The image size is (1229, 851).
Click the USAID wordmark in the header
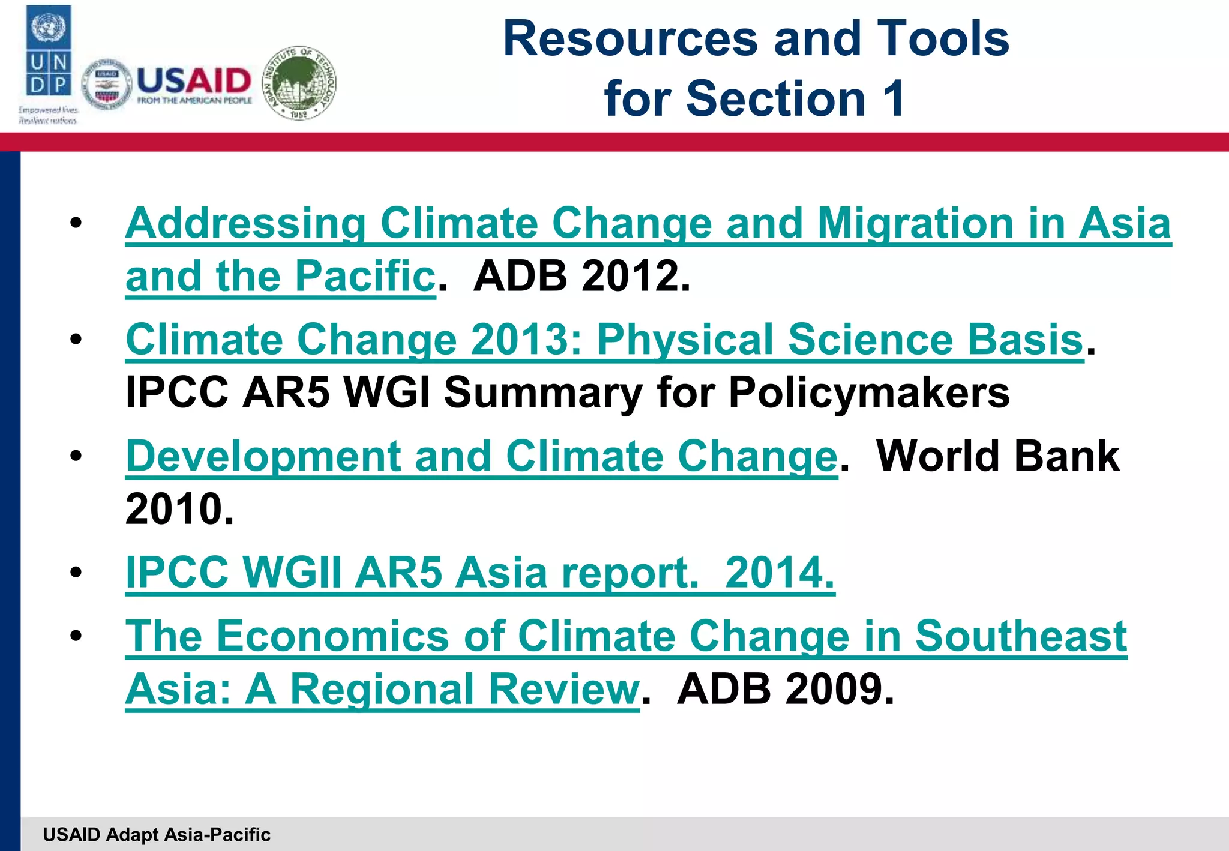coord(194,80)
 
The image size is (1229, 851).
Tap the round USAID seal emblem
coord(107,85)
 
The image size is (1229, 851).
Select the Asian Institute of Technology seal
coord(300,83)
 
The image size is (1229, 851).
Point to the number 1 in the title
coord(894,98)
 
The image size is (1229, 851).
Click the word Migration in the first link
coord(915,223)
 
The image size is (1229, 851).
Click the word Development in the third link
coord(262,456)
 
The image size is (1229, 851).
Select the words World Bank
coord(997,456)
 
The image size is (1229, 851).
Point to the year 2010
coord(179,509)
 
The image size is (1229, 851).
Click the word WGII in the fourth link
coord(292,572)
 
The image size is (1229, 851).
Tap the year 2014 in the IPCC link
coord(779,572)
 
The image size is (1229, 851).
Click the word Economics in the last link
coord(332,636)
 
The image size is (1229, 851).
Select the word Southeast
coord(1020,636)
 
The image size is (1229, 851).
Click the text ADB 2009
coord(785,688)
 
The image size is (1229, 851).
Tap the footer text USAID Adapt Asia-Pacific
coord(157,834)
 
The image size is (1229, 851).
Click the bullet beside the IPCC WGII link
coord(76,573)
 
